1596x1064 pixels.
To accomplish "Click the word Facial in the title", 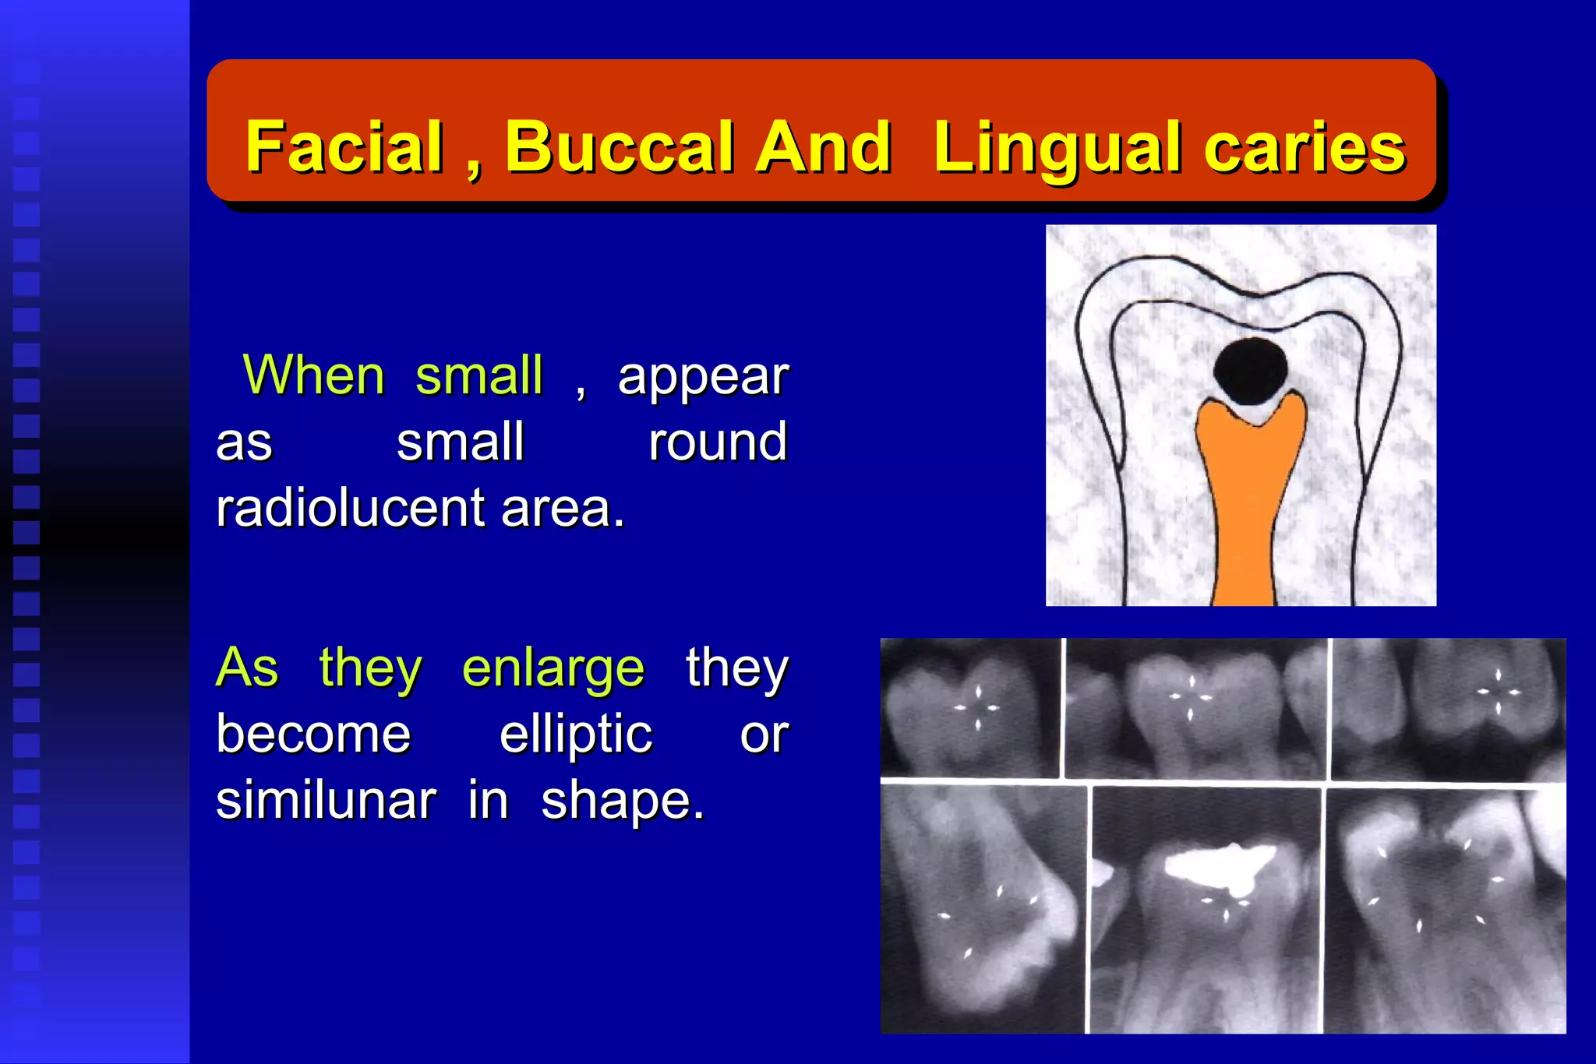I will [344, 147].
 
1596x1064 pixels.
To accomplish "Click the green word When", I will [313, 375].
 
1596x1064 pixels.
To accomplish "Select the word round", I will [718, 442].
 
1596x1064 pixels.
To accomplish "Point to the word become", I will [313, 735].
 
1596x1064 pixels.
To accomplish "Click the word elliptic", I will [575, 735].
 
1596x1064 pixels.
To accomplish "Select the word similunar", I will [326, 801].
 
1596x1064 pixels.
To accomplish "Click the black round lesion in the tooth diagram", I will [1250, 371].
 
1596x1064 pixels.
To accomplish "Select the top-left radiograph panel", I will [970, 707].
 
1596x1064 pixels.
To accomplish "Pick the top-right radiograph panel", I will [1448, 707].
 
